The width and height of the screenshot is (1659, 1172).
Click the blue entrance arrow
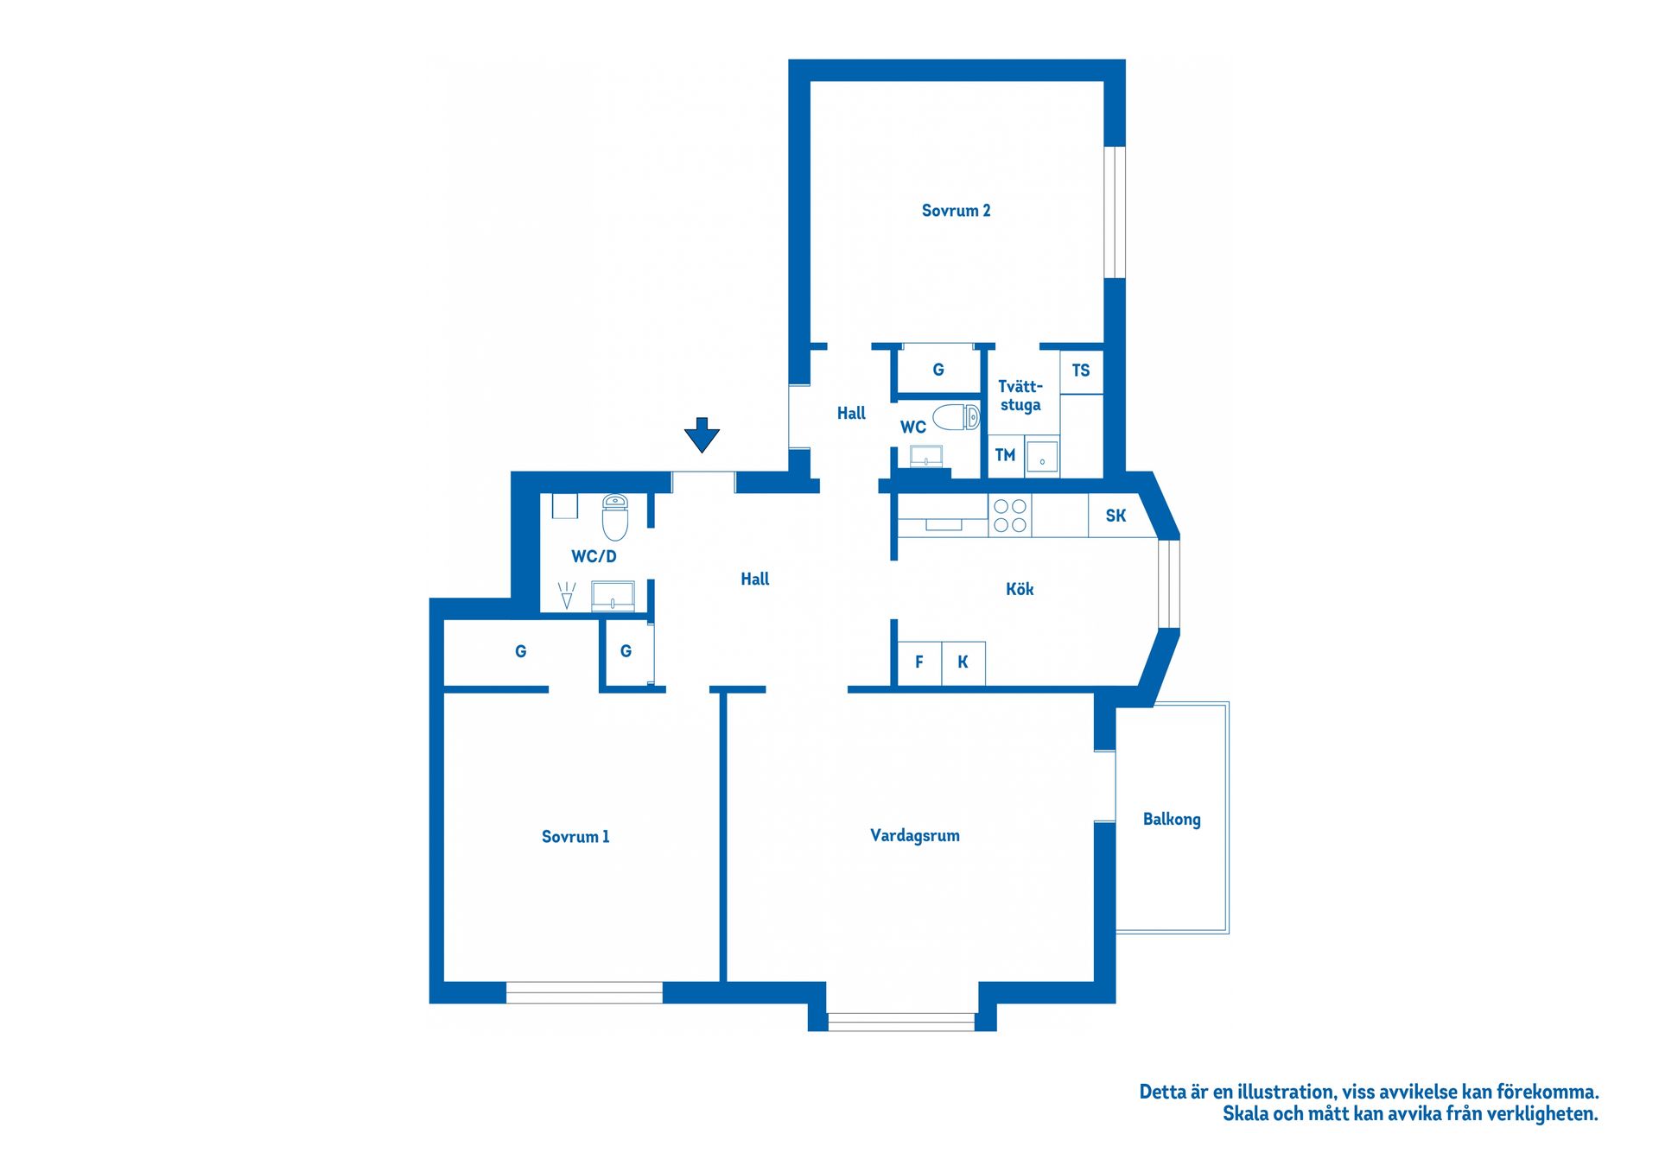tap(702, 435)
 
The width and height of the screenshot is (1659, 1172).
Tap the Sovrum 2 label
tap(956, 211)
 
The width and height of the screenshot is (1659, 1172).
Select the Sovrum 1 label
tap(575, 837)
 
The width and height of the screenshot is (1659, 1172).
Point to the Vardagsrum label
tap(915, 836)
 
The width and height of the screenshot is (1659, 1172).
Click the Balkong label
tap(1172, 820)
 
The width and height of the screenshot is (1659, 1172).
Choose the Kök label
tap(1020, 589)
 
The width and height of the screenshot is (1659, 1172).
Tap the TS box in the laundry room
tap(1081, 371)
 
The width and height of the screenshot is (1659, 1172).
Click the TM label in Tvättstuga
tap(1005, 455)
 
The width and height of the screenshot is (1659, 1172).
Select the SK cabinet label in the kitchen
tap(1116, 516)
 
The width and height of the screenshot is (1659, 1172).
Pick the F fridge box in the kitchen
tap(919, 663)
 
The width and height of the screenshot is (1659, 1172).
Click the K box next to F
tap(963, 663)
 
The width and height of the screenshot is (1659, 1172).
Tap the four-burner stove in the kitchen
tap(1010, 516)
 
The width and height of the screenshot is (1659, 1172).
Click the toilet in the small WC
tap(957, 417)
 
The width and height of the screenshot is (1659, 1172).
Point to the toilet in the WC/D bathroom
tap(615, 517)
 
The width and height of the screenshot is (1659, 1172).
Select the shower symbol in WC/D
tap(567, 595)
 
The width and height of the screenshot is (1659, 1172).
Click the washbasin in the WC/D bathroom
tap(613, 596)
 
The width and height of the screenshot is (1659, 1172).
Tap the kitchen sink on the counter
tap(944, 524)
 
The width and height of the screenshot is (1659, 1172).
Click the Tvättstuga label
tap(1020, 396)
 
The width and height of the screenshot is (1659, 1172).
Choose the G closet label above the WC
tap(938, 370)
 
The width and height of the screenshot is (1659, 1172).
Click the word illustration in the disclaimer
tap(1287, 1092)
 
